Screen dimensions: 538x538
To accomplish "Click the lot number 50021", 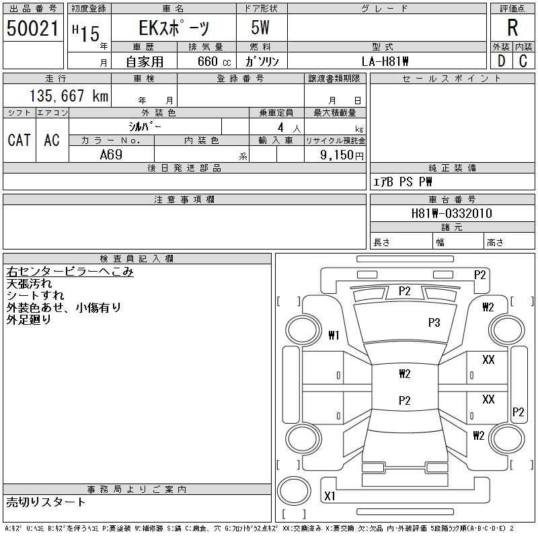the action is click(x=32, y=28).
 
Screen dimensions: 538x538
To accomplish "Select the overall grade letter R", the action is click(x=512, y=28).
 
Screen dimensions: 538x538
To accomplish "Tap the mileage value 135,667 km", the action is click(x=69, y=95).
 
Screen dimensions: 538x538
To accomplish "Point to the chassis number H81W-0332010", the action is click(x=451, y=213).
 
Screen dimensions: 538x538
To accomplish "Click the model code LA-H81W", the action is click(x=385, y=61).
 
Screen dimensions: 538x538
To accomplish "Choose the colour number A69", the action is click(x=111, y=155).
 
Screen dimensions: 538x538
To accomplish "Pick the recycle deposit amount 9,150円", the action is click(x=342, y=155).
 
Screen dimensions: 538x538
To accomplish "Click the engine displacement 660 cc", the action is click(x=214, y=62).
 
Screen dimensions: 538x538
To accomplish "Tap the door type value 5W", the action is click(x=260, y=28).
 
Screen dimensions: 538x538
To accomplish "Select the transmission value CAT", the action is click(x=20, y=140).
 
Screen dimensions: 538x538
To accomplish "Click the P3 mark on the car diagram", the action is click(x=434, y=323).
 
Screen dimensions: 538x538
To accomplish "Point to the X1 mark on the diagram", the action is click(x=330, y=496).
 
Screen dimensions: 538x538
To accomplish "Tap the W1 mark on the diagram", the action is click(x=334, y=335).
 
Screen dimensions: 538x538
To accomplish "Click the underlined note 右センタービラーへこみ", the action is click(x=70, y=272).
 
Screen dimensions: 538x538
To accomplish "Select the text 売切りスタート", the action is click(x=46, y=502).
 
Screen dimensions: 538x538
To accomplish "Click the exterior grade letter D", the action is click(x=501, y=61).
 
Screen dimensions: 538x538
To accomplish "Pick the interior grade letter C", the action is click(x=523, y=61).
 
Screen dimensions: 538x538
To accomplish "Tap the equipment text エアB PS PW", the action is click(x=402, y=182).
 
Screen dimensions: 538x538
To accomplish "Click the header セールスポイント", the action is click(x=452, y=79).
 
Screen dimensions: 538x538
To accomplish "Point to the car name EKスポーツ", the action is click(x=174, y=28).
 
